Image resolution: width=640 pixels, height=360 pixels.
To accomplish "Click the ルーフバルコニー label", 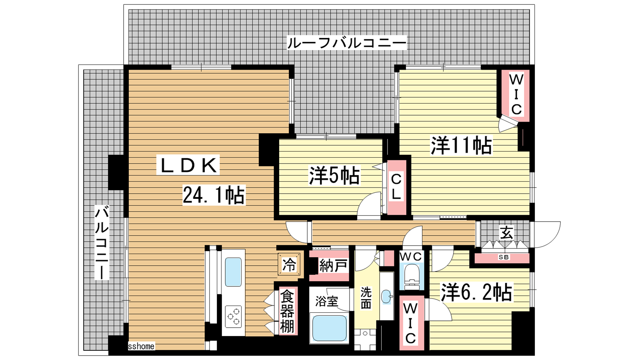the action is click(346, 43).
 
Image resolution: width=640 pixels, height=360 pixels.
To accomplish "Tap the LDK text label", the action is click(188, 165).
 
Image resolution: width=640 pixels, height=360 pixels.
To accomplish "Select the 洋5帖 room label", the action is click(334, 175).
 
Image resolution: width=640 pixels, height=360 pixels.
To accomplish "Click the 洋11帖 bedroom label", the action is click(461, 145).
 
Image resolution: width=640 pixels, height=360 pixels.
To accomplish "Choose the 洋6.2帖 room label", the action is click(476, 292).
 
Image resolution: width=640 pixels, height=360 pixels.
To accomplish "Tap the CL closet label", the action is click(396, 187).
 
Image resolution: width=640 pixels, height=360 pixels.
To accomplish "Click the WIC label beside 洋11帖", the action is click(516, 95).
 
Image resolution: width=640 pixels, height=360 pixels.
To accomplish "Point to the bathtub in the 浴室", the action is click(330, 328).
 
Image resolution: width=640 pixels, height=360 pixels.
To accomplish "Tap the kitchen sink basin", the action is click(233, 272).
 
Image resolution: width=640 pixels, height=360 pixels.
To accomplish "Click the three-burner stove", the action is click(233, 316).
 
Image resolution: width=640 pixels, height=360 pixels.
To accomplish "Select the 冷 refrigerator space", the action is click(289, 264).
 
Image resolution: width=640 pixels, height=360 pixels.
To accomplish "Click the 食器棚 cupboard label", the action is click(287, 312).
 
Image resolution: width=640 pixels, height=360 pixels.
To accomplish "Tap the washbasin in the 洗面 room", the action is click(386, 297).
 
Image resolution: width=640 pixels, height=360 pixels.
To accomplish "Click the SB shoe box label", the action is click(504, 257).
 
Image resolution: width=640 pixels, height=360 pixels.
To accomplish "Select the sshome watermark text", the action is click(141, 346).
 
